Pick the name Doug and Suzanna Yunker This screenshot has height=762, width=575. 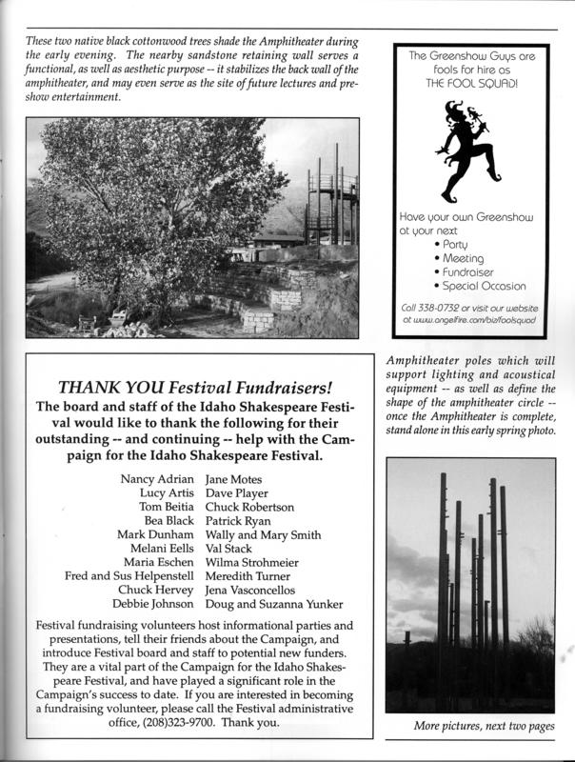pos(274,605)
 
